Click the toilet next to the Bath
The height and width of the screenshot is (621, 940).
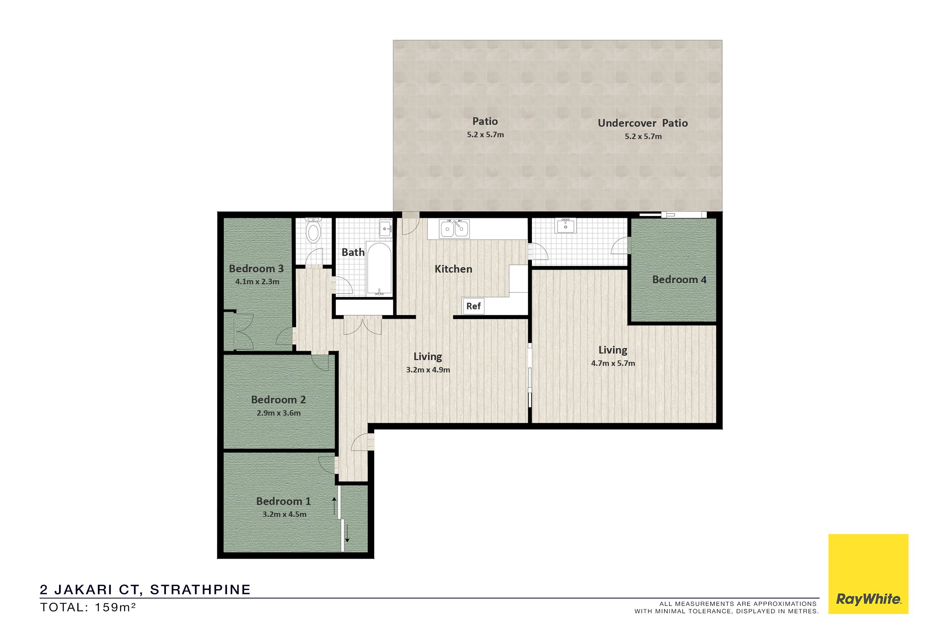point(314,230)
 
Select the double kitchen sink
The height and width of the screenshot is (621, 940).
point(454,229)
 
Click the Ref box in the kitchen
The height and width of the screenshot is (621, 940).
point(473,306)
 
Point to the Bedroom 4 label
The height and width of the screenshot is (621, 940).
point(679,279)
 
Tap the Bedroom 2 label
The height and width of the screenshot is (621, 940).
point(278,400)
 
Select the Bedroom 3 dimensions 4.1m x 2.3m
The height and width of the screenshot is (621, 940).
point(257,282)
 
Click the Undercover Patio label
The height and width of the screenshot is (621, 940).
point(643,123)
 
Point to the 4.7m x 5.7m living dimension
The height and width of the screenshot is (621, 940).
point(613,363)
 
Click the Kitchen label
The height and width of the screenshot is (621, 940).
point(453,269)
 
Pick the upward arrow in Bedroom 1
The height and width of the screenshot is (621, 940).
point(334,506)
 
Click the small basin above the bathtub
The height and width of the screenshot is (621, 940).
point(385,229)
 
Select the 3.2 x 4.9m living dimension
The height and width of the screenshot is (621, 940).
point(428,370)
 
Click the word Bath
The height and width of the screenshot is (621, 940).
point(353,252)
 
